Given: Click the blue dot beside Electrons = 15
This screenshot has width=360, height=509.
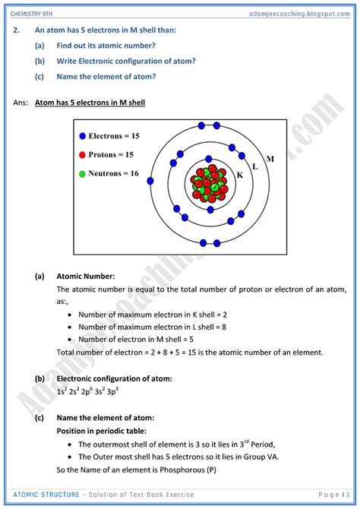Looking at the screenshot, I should pyautogui.click(x=81, y=137).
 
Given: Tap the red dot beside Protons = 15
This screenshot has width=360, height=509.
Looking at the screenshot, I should pyautogui.click(x=81, y=155).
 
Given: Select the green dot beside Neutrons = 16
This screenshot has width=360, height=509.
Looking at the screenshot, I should pyautogui.click(x=81, y=173).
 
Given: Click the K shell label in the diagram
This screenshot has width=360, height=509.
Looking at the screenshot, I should pyautogui.click(x=239, y=175).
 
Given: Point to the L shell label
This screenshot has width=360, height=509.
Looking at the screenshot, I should pyautogui.click(x=254, y=166).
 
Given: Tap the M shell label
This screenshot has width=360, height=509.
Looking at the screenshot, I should pyautogui.click(x=270, y=159).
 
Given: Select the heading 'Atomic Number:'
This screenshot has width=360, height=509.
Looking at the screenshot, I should pyautogui.click(x=85, y=277).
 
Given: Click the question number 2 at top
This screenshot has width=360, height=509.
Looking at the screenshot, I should pyautogui.click(x=17, y=30).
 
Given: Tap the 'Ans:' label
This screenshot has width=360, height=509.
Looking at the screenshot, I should pyautogui.click(x=21, y=102).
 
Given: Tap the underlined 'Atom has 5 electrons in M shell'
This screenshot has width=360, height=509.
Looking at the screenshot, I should pyautogui.click(x=90, y=102).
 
